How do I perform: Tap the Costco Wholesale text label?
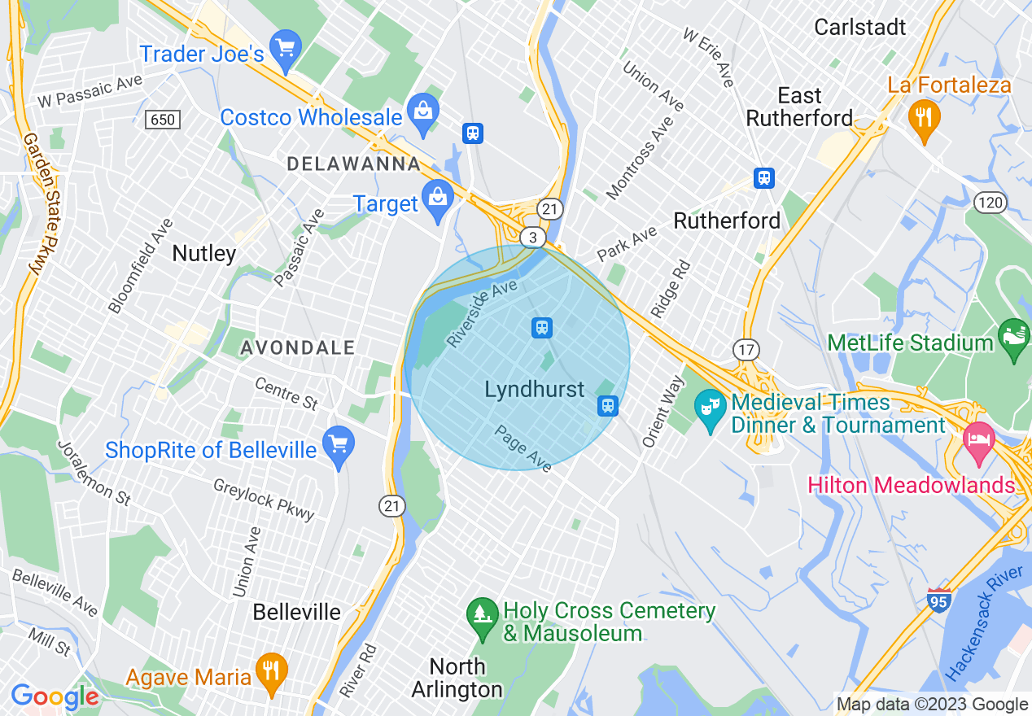311,117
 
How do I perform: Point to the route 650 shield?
163,120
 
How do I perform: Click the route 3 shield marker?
532,237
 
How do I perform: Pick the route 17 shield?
746,350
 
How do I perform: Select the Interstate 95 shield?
939,600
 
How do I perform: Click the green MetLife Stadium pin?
1014,341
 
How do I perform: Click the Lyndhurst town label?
535,390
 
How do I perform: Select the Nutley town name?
204,254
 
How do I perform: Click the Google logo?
55,696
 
